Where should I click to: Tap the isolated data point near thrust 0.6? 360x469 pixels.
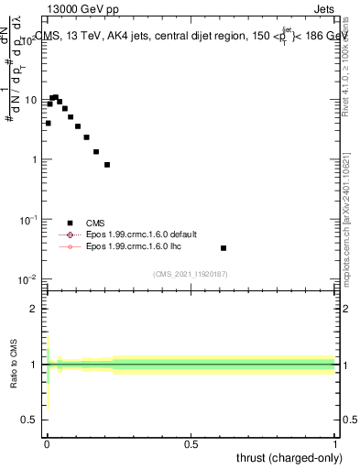click(224, 248)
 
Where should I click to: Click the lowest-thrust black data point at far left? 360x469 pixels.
click(48, 123)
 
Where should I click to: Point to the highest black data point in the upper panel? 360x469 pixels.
click(55, 97)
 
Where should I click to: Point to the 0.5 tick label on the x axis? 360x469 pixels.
click(191, 443)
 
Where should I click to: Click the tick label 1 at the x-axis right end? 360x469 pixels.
click(336, 443)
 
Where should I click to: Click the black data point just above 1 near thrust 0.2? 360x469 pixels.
click(107, 165)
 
